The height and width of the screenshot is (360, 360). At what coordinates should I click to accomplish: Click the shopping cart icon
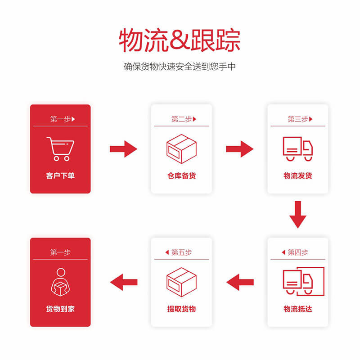pyautogui.click(x=60, y=149)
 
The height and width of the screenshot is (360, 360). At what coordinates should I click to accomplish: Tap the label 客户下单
pyautogui.click(x=60, y=176)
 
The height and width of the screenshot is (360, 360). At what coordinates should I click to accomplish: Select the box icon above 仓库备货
pyautogui.click(x=181, y=149)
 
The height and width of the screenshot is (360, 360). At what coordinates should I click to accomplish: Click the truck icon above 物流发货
pyautogui.click(x=298, y=149)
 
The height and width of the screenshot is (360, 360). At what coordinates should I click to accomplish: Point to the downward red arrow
pyautogui.click(x=298, y=215)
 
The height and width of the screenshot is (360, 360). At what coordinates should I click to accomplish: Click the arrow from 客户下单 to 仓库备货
pyautogui.click(x=123, y=149)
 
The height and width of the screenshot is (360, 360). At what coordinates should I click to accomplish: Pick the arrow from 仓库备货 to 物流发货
pyautogui.click(x=240, y=149)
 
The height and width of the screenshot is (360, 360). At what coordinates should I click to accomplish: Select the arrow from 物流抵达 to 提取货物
pyautogui.click(x=240, y=282)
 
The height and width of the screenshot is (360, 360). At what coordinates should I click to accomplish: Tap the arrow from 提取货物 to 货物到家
pyautogui.click(x=124, y=282)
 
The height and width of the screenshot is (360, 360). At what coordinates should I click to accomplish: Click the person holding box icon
pyautogui.click(x=60, y=282)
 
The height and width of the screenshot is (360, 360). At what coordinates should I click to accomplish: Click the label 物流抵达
pyautogui.click(x=298, y=309)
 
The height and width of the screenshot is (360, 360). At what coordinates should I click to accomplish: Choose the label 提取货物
pyautogui.click(x=181, y=309)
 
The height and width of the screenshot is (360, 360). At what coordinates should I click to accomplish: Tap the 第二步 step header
pyautogui.click(x=181, y=119)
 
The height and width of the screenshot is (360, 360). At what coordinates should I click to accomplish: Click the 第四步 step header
pyautogui.click(x=298, y=252)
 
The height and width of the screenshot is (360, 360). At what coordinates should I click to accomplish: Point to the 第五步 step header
pyautogui.click(x=181, y=252)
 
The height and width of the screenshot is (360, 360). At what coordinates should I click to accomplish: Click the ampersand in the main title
pyautogui.click(x=180, y=39)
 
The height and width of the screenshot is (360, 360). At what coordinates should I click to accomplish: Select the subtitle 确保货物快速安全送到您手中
pyautogui.click(x=180, y=67)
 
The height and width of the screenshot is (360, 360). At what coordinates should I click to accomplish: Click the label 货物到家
pyautogui.click(x=60, y=309)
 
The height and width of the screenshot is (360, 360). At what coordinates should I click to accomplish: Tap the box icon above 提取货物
pyautogui.click(x=181, y=282)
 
